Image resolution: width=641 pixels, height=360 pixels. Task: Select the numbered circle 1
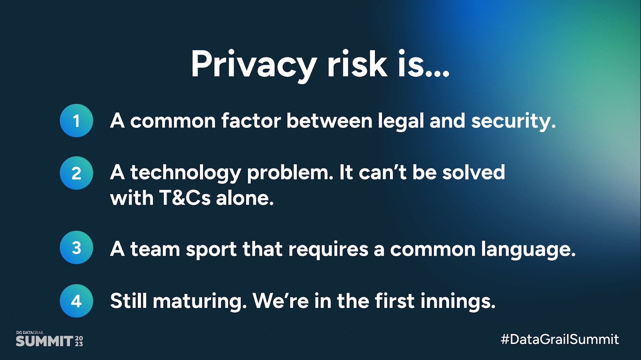click(x=77, y=121)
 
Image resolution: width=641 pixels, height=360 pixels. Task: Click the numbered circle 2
click(x=77, y=173)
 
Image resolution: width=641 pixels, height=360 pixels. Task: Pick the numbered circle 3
click(x=77, y=247)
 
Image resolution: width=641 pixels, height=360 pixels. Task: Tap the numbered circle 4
click(x=77, y=301)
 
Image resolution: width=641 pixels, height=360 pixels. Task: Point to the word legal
click(x=401, y=121)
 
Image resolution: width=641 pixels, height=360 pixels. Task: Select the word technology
click(x=186, y=174)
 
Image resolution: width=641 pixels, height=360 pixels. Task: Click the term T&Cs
click(x=185, y=198)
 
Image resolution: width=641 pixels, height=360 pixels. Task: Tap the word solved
click(x=474, y=172)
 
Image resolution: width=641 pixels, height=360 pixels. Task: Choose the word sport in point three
click(x=211, y=249)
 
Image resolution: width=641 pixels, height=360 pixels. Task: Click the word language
click(x=528, y=249)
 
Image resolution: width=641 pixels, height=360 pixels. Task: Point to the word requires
click(x=328, y=249)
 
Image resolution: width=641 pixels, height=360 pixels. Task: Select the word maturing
click(x=200, y=301)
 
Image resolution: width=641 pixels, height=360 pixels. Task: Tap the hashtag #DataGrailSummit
click(x=560, y=340)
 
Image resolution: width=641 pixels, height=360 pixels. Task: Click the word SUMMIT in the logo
click(x=44, y=341)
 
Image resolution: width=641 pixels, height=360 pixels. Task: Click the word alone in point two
click(x=245, y=198)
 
